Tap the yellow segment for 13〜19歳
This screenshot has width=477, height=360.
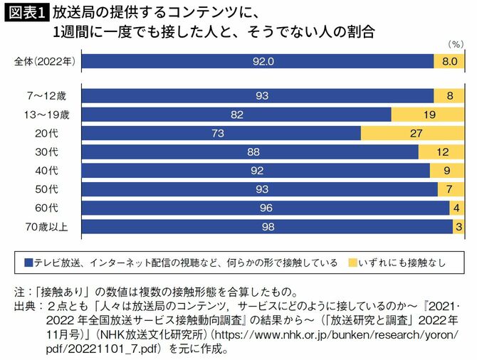pyautogui.click(x=429, y=114)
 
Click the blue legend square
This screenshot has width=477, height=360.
pyautogui.click(x=28, y=263)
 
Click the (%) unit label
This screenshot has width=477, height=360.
pyautogui.click(x=455, y=45)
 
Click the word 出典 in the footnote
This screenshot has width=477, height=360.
pyautogui.click(x=25, y=307)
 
